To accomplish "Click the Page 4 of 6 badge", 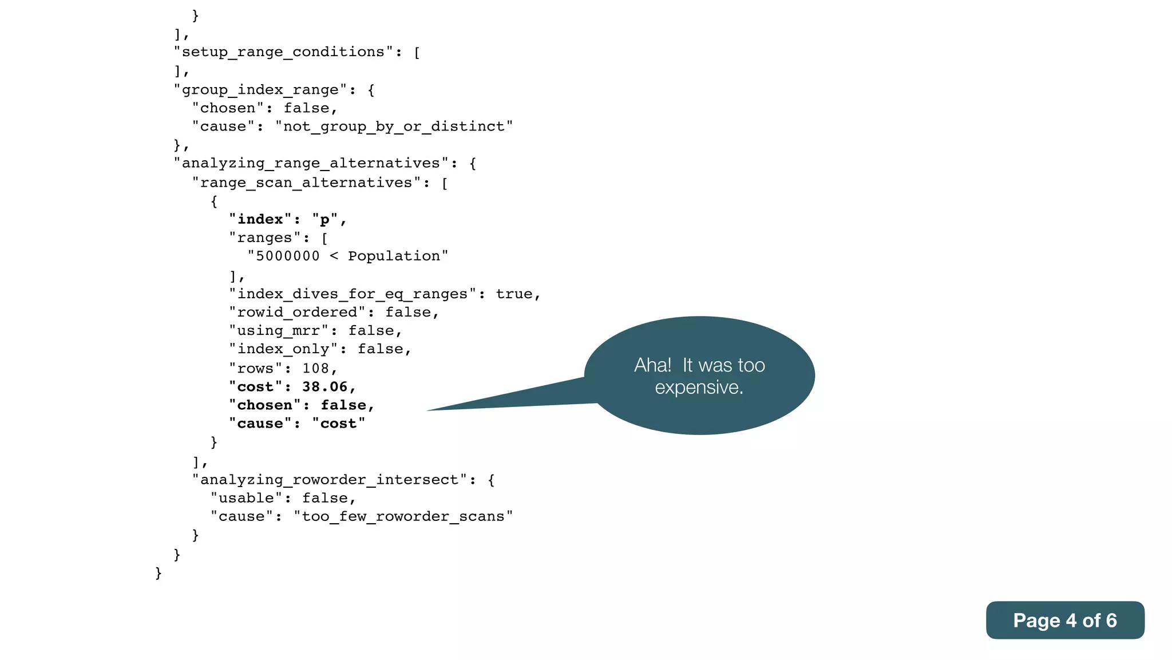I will click(1064, 621).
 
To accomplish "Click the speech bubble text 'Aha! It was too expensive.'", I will click(699, 376).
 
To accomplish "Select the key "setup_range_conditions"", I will click(283, 52).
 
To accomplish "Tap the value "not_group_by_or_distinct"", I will click(394, 127).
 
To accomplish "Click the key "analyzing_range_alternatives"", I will click(311, 163).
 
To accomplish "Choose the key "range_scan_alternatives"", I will click(306, 183).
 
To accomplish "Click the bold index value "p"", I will click(324, 220).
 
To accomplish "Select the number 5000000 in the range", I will click(287, 256).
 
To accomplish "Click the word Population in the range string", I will click(394, 256).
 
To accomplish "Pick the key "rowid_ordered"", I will click(297, 312).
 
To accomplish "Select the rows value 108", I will click(316, 368).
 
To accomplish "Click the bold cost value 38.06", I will click(324, 387).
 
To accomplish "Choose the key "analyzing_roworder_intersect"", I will click(329, 480).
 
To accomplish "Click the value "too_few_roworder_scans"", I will click(403, 516).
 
